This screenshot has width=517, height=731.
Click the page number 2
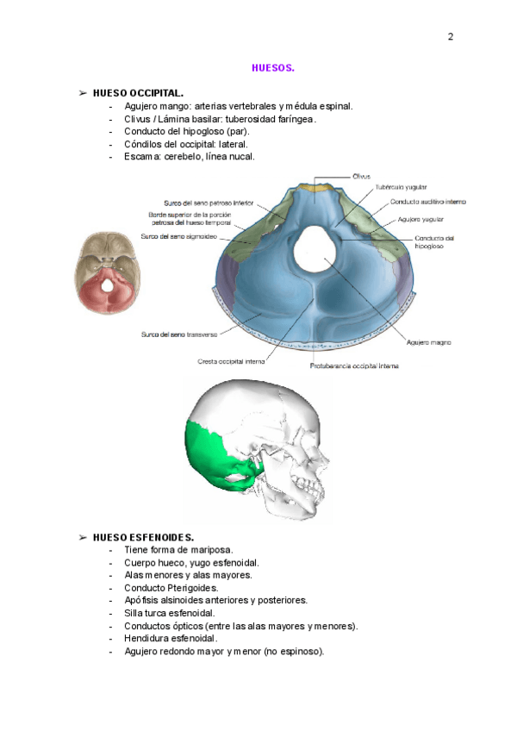pos(450,37)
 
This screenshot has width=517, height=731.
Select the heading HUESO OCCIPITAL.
pos(137,92)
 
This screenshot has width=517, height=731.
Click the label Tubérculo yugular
pos(401,187)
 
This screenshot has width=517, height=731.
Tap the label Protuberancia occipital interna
pos(354,365)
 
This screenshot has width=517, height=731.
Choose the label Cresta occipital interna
pos(232,362)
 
